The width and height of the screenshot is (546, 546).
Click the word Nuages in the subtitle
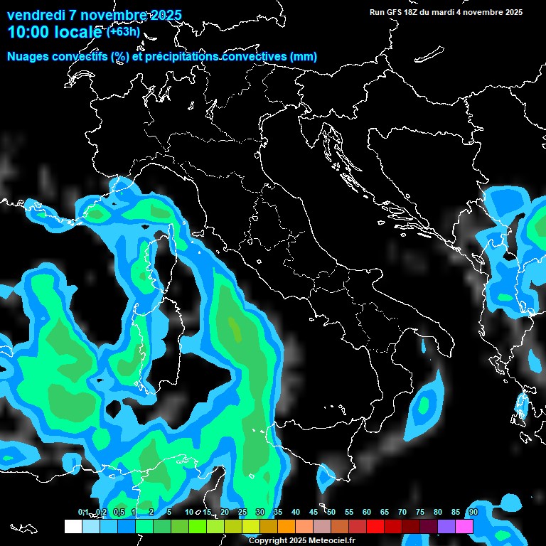click(28, 57)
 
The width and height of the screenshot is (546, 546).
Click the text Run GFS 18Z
click(395, 12)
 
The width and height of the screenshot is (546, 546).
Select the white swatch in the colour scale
click(73, 526)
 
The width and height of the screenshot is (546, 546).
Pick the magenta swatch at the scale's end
click(464, 526)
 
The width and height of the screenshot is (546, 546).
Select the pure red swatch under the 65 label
click(375, 526)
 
